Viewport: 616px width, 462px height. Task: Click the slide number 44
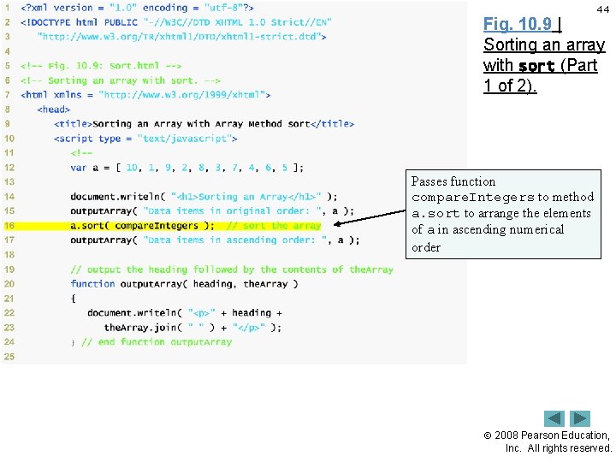602,9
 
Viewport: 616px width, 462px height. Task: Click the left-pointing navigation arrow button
554,418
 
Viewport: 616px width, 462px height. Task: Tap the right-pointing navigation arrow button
581,418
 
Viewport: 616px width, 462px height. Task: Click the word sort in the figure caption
536,66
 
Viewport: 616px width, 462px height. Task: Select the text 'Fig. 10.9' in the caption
518,25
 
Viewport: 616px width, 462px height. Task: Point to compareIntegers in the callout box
472,198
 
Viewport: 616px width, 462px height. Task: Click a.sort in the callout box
435,214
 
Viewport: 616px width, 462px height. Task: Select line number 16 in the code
9,226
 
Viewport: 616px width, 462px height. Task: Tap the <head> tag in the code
54,110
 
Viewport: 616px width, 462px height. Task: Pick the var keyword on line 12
79,168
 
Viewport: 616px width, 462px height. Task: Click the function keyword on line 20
92,284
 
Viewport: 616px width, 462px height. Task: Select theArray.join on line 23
142,328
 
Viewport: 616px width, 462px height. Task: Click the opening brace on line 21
74,299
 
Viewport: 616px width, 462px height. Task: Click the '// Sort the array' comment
274,226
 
